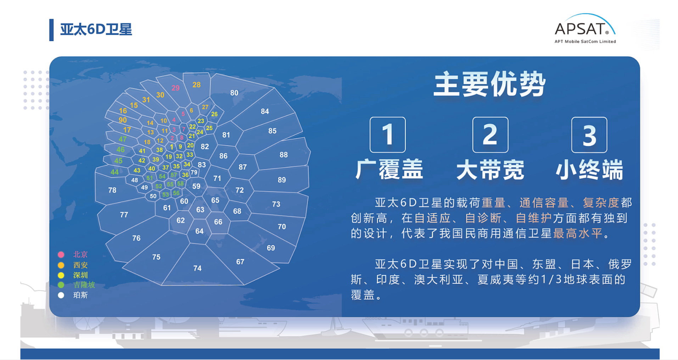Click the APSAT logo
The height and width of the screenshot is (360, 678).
point(585,29)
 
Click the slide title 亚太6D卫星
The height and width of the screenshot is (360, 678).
point(96,29)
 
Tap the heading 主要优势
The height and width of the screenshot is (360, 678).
point(489,84)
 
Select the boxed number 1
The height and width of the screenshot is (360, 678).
point(387,135)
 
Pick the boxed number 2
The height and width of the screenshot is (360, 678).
point(490,135)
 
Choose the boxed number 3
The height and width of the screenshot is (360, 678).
point(589,135)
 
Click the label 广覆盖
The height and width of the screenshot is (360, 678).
point(389,169)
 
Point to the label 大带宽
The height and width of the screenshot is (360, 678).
point(490,169)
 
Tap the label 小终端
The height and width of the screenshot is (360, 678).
point(589,169)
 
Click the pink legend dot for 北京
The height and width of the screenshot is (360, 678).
point(61,254)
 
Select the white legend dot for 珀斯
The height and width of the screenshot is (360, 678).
point(61,295)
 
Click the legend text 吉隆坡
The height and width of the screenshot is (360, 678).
point(84,285)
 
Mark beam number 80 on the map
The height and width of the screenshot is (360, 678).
point(234,93)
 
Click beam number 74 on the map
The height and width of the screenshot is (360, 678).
point(197,268)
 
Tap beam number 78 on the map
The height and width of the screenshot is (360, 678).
point(112,190)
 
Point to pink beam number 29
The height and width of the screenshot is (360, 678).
point(175,88)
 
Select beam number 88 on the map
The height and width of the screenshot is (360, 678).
point(284,155)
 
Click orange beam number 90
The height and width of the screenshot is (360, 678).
point(123,120)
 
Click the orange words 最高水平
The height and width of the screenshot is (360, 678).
point(578,233)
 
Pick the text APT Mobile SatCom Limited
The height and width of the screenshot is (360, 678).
point(585,41)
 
